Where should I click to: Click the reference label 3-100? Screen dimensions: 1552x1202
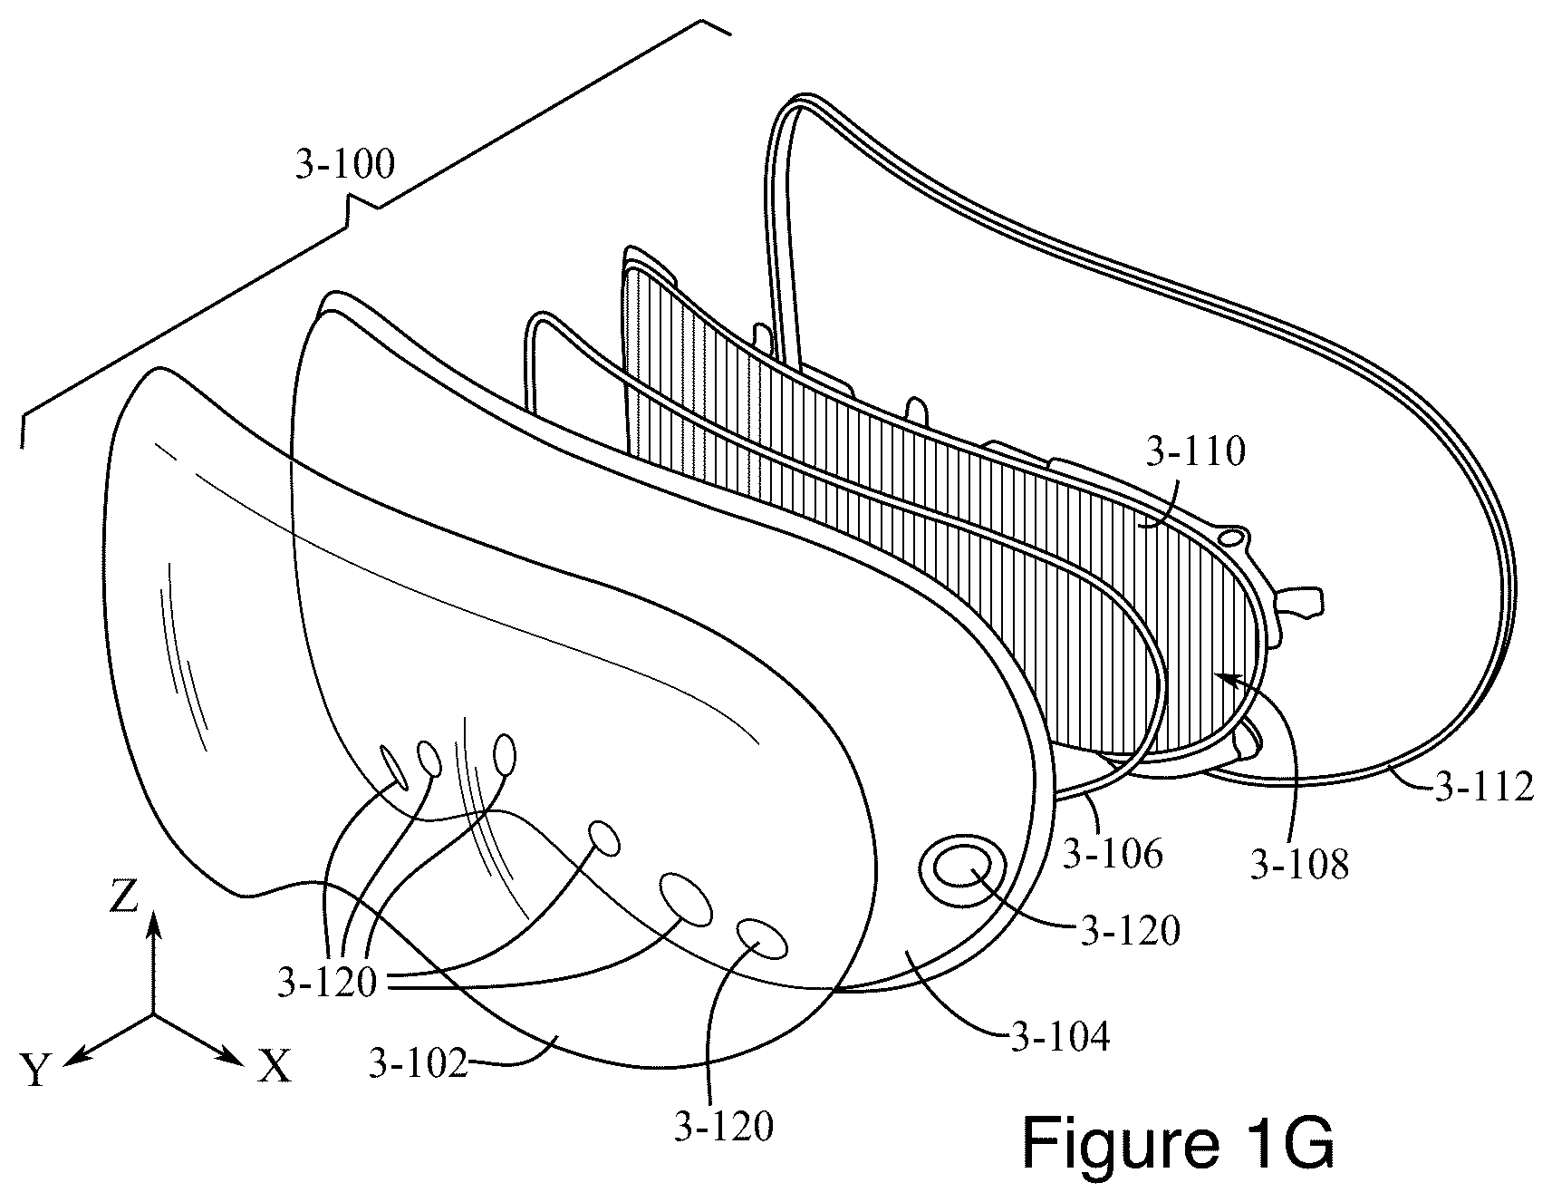click(345, 166)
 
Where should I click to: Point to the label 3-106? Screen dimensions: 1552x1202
click(1113, 854)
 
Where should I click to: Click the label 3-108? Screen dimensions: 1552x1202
click(1299, 865)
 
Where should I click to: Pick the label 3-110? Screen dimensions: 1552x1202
click(1196, 451)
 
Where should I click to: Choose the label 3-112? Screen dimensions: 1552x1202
click(1484, 788)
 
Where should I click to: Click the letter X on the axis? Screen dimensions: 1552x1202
click(275, 1069)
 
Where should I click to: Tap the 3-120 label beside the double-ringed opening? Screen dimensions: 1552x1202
click(1130, 931)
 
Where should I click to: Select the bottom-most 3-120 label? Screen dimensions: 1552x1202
click(723, 1127)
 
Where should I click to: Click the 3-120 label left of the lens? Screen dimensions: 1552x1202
click(327, 984)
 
